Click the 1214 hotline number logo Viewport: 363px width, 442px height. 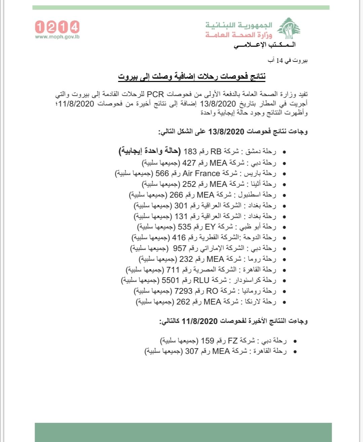coord(57,27)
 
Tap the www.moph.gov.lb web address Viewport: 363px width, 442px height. coord(57,37)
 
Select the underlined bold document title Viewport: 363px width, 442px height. coord(192,76)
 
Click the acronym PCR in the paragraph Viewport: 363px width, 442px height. coord(155,95)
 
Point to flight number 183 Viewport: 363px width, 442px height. coord(190,152)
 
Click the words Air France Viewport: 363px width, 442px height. coord(201,173)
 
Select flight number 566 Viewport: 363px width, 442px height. coord(162,173)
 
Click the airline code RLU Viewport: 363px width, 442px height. coord(201,280)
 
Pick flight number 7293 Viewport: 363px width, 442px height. coord(183,291)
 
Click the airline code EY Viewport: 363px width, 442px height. coord(210,227)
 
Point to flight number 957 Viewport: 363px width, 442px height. coord(179,248)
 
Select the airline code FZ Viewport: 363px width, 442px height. coord(233,341)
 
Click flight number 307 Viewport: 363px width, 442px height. coord(192,351)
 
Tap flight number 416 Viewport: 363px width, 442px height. coord(179,238)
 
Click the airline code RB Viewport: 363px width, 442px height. coord(216,152)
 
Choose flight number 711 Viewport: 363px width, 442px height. coord(173,270)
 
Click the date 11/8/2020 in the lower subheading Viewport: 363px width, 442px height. coord(200,321)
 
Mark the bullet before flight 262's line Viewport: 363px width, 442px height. coord(284,302)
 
